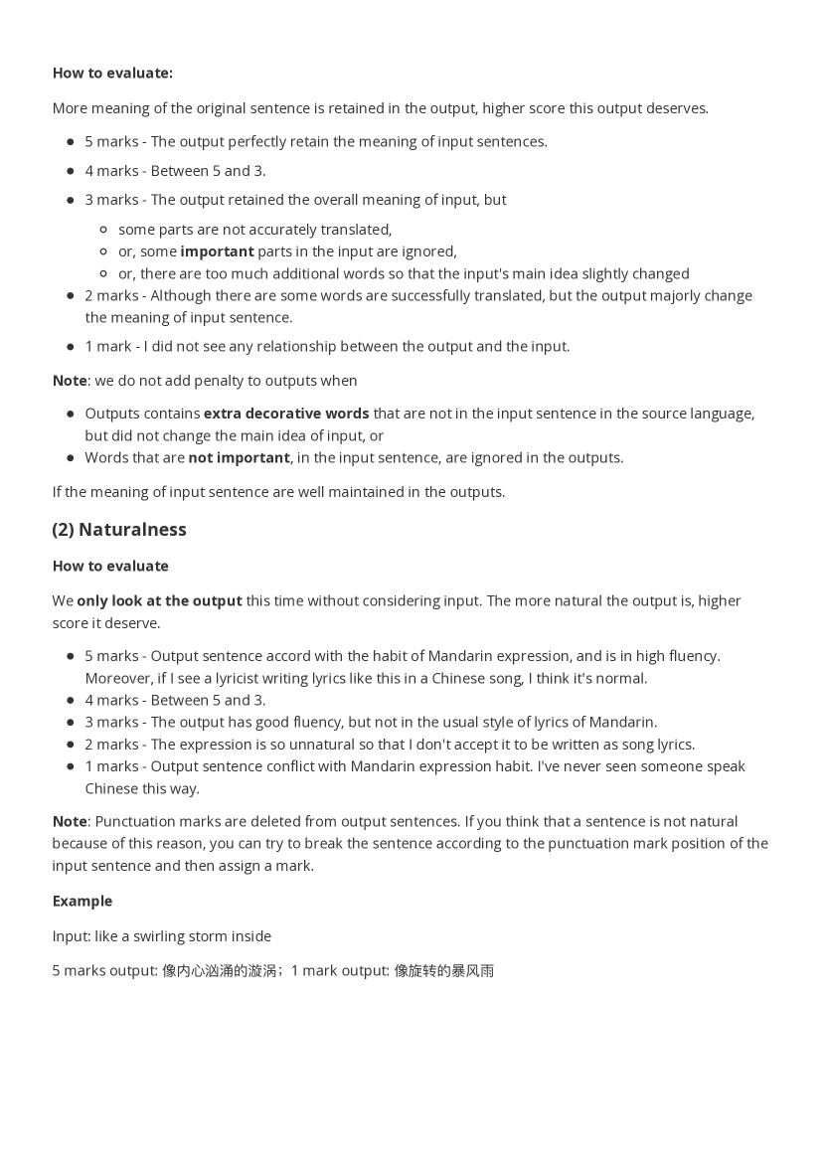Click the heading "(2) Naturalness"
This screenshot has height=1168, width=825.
pos(119,530)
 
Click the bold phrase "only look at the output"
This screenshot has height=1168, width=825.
pos(159,601)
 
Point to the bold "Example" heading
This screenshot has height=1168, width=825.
pos(82,902)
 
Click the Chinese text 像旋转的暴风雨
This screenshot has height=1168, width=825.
pos(444,971)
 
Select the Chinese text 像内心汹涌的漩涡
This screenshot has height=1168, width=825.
pos(219,971)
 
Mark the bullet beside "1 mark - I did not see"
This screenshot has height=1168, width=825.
pos(71,347)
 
